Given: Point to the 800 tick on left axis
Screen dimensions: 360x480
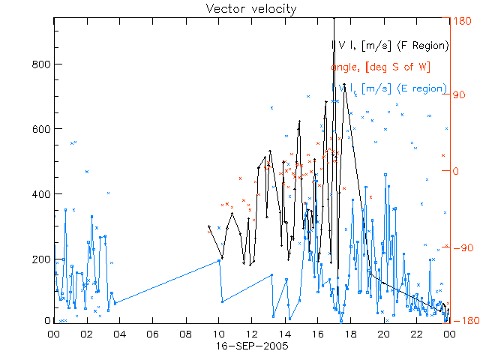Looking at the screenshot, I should coord(40,64).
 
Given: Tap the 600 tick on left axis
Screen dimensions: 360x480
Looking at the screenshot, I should coord(40,129).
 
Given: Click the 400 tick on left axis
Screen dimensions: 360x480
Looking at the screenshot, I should coord(40,193).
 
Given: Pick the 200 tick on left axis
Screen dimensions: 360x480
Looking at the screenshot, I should coord(40,259).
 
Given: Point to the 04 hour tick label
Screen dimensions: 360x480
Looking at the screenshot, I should coord(119,335).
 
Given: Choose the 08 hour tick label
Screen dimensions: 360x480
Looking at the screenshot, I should coord(185,335).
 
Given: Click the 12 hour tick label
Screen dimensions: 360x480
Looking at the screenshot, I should coord(251,335).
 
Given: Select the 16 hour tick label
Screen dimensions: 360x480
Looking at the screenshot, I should coord(317,335).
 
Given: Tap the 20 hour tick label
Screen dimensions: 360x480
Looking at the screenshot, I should coord(383,335).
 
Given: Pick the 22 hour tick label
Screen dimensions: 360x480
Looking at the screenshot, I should coord(416,335).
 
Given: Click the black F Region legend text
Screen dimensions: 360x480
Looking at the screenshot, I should coord(391,46).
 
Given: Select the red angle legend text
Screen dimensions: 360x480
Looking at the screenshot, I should coord(380,67).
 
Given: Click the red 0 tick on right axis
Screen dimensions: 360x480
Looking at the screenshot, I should coord(454,171).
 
